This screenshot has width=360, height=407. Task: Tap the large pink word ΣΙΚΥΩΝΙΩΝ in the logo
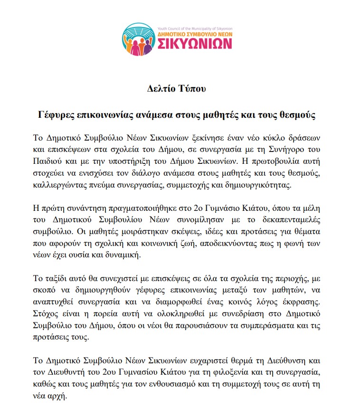coord(191,44)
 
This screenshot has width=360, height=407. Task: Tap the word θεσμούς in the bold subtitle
coord(299,115)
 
